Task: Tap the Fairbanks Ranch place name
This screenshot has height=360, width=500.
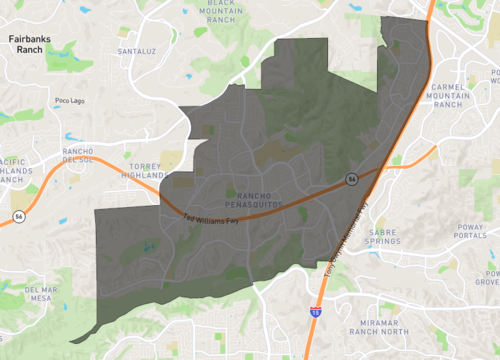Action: (x=29, y=45)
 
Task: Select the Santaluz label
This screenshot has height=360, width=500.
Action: (x=137, y=50)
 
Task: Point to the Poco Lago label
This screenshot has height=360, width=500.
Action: (x=70, y=100)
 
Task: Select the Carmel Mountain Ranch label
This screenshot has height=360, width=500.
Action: (x=449, y=95)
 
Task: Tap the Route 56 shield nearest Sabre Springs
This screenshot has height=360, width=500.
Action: (x=352, y=178)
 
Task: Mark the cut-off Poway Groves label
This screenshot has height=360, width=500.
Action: (x=490, y=276)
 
